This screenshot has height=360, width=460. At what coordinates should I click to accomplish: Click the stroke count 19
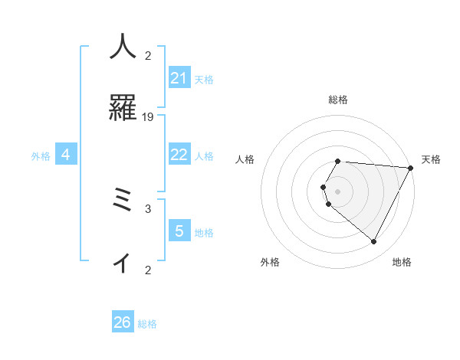(x=148, y=116)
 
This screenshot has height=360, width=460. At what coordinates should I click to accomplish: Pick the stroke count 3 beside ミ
(x=148, y=208)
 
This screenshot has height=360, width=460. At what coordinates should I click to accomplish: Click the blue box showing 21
(x=179, y=78)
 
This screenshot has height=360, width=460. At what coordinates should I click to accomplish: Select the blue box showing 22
(x=179, y=155)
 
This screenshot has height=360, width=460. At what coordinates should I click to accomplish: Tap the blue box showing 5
(x=179, y=231)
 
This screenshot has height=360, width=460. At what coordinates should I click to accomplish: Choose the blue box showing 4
(x=66, y=155)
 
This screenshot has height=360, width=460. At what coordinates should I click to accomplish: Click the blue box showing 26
(x=123, y=322)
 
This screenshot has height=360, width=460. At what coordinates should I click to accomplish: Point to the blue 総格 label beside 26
(x=147, y=324)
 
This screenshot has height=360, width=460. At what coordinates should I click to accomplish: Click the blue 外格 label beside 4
(x=41, y=156)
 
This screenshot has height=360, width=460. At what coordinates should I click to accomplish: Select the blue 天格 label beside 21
(x=204, y=80)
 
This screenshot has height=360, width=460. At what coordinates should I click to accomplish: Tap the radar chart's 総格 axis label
(x=338, y=100)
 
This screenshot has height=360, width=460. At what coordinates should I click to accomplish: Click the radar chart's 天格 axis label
(x=431, y=159)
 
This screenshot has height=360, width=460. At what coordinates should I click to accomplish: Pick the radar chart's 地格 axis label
(x=402, y=262)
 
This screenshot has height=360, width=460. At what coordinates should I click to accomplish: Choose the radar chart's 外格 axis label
(x=270, y=262)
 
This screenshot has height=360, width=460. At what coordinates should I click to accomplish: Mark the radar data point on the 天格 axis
(x=411, y=168)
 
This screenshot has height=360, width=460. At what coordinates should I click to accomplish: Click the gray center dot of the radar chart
(x=338, y=191)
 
